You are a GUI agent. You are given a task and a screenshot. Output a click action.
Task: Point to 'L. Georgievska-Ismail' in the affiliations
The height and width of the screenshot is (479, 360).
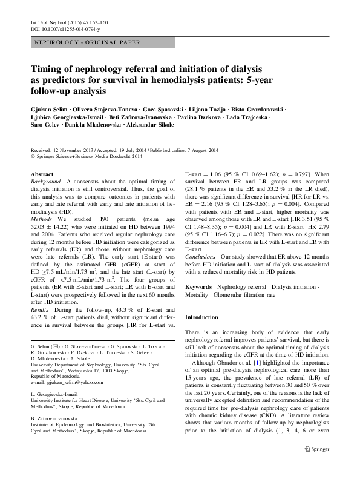click(57, 394)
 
